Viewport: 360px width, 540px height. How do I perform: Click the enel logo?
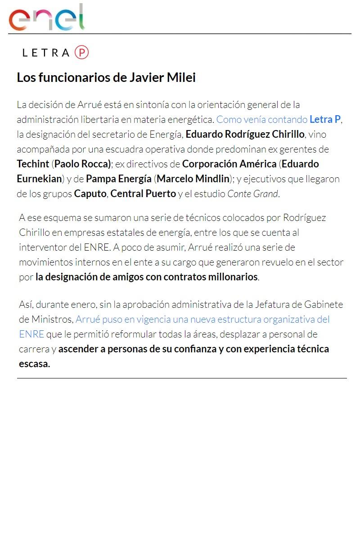(46, 18)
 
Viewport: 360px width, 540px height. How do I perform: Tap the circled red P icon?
(81, 53)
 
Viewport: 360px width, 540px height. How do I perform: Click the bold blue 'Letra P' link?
(325, 120)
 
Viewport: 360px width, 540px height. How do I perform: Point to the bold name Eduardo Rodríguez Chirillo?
(245, 135)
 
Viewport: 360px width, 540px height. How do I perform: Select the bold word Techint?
(33, 164)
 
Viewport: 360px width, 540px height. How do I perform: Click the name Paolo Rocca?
(81, 164)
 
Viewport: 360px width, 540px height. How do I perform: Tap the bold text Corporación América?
(229, 164)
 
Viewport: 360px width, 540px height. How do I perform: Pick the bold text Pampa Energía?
(119, 179)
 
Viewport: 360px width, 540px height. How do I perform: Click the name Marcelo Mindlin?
(193, 179)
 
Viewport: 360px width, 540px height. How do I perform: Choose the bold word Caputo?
(90, 194)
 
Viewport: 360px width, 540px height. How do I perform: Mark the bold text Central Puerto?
(143, 194)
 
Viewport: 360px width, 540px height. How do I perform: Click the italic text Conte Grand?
(253, 194)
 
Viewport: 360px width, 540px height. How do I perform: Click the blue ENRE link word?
(31, 334)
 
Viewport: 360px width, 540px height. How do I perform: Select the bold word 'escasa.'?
(34, 364)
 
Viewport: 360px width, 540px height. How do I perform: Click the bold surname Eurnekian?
(39, 179)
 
